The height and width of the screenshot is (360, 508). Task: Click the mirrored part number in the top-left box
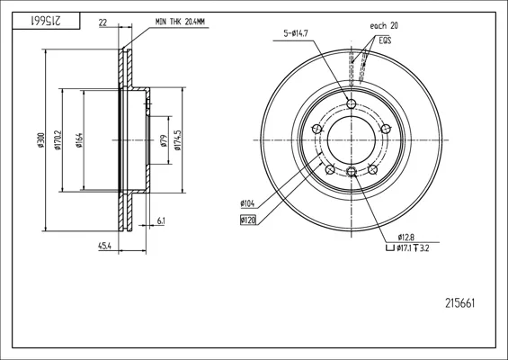pos(46,21)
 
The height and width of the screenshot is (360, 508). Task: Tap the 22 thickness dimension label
pos(102,22)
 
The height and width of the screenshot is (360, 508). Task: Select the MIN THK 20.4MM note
pos(180,22)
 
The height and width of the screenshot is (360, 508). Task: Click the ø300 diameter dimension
pos(40,140)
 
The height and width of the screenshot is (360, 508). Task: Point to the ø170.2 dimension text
pos(58,140)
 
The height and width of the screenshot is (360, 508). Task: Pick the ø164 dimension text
pos(80,140)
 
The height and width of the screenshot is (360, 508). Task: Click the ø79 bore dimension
pos(165,140)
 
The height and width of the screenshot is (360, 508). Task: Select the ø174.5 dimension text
pos(178,140)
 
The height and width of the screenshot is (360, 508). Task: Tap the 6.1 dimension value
pos(161,220)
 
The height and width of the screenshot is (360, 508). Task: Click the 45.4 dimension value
pos(104,247)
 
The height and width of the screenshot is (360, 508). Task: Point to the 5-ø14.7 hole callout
pos(296,33)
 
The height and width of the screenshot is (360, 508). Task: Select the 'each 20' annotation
pos(384,25)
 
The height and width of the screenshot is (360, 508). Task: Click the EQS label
pos(385,40)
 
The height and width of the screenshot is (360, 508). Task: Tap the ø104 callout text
pos(247,203)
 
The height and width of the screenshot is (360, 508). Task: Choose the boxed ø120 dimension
pos(248,220)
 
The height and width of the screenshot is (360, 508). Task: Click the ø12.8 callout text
pos(406,237)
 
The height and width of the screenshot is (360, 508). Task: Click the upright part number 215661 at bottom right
pos(460,303)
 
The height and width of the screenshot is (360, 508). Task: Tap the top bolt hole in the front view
pos(352,104)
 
